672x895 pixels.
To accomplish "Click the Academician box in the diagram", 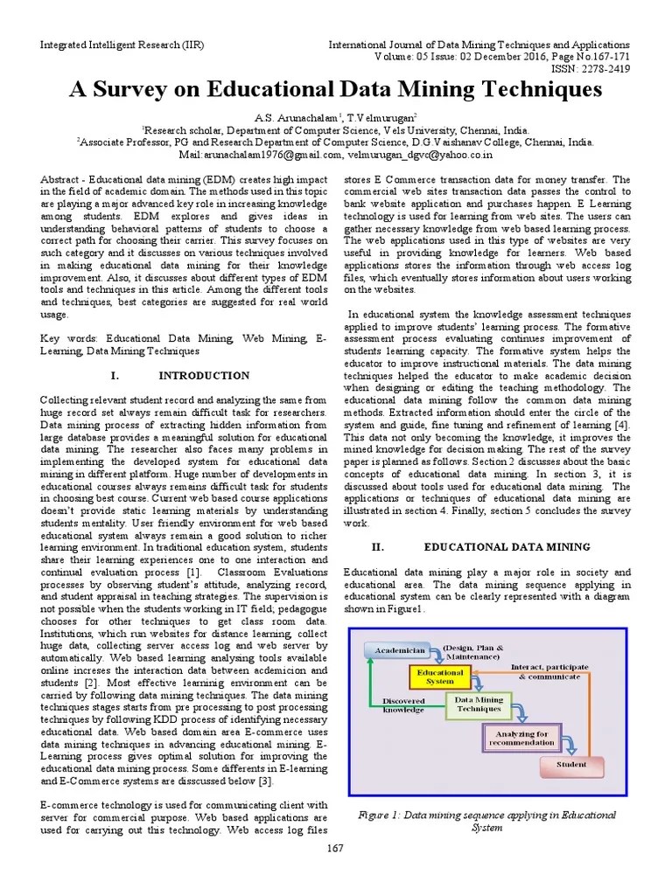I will pos(400,651).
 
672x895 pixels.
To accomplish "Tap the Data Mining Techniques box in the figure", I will pos(479,704).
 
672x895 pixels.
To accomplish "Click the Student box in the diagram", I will pos(571,764).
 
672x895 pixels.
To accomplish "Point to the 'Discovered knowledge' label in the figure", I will pos(402,705).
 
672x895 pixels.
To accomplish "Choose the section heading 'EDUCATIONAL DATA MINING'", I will pos(507,547).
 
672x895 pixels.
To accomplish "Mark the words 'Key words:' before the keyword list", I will pos(71,336).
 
